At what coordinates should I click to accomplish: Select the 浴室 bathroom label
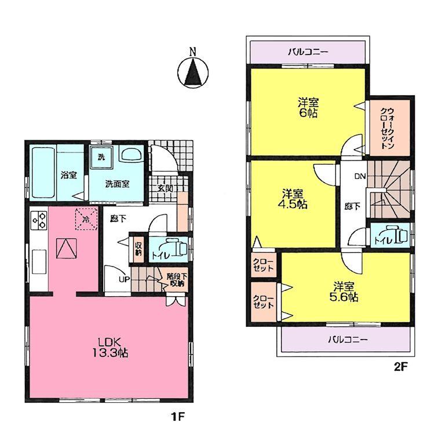(68, 175)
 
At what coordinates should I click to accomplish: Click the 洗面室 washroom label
(116, 184)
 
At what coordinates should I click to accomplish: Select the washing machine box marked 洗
(101, 157)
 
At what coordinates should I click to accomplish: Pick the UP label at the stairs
(124, 279)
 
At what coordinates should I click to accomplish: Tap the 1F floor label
(175, 416)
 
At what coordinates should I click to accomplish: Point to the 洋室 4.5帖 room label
(295, 199)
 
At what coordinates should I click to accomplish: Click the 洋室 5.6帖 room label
(345, 292)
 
